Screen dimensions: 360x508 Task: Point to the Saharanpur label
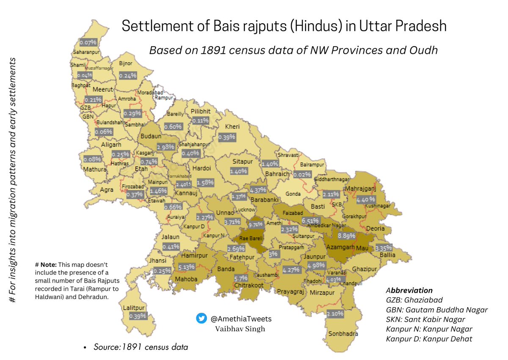point(84,52)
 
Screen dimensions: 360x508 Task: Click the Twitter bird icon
point(202,319)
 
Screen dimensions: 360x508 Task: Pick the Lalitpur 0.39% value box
point(138,316)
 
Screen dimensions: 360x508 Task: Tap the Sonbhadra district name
point(343,334)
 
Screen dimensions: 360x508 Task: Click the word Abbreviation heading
point(409,291)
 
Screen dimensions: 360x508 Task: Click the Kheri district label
point(232,126)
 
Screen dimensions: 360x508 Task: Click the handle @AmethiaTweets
point(241,319)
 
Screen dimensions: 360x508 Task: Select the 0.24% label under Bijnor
point(127,75)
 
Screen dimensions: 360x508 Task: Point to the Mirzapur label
point(322,292)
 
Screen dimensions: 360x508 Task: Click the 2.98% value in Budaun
point(165,146)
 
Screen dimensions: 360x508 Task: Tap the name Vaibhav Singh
point(237,329)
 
